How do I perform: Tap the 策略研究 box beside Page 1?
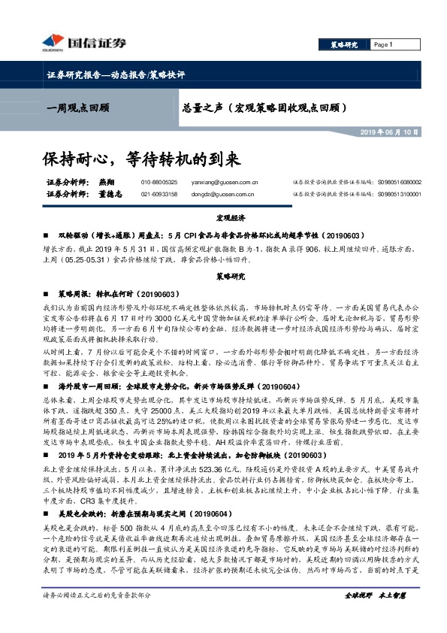coord(343,45)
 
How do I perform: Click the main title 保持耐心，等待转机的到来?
coord(141,159)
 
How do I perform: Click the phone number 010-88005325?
coord(159,182)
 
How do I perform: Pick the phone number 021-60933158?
coord(159,193)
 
